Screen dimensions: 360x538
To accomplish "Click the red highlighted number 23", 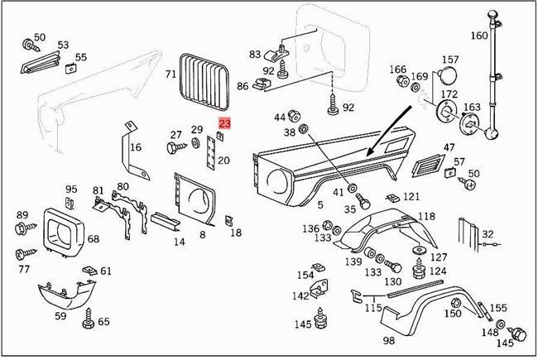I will point(225,122).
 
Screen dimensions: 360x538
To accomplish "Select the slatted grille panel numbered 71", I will point(203,82).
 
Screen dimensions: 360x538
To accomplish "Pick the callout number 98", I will point(388,340).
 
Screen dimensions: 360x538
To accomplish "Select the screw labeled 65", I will point(87,314).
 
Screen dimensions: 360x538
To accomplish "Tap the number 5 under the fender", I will point(319,204).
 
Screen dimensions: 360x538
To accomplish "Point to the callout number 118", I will point(425,216).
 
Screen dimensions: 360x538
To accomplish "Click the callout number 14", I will point(179,242).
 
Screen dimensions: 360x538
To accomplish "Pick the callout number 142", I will point(300,296).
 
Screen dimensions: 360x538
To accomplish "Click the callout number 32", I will point(488,234).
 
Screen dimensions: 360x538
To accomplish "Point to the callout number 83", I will point(255,54).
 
